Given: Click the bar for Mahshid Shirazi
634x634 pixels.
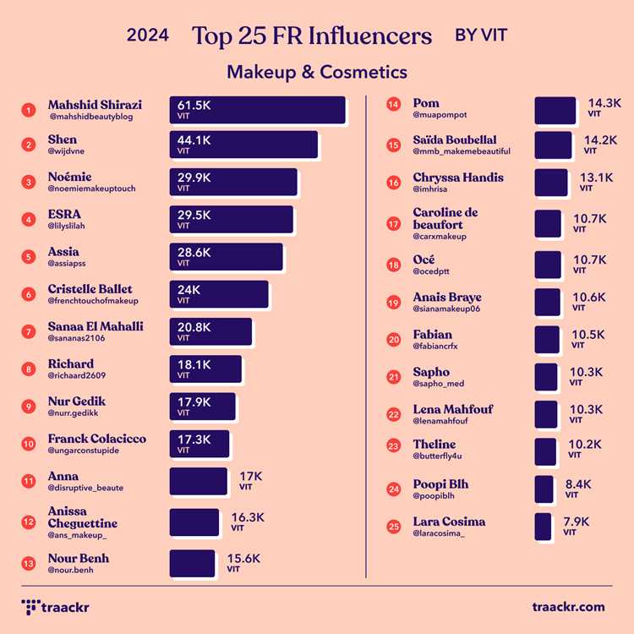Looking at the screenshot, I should point(257,110).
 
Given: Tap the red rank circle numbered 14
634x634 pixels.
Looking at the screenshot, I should point(393,107).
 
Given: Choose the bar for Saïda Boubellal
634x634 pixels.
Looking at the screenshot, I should point(553,145).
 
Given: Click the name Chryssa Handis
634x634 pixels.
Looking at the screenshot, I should point(457,178).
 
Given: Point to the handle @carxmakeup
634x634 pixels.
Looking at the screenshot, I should point(440,237).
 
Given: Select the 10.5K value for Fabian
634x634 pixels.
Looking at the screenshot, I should point(588,335).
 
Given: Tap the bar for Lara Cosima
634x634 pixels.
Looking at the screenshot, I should point(543,527).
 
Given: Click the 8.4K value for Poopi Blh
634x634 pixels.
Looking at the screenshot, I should point(578,484).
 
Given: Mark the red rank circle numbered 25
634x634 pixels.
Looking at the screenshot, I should point(393,527).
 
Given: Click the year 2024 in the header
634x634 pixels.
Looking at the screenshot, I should point(147,36).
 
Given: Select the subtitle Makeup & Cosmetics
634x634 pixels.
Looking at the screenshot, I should point(316,72).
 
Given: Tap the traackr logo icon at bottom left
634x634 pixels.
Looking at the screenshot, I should point(30,607).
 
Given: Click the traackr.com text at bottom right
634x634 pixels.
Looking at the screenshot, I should point(568,607).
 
